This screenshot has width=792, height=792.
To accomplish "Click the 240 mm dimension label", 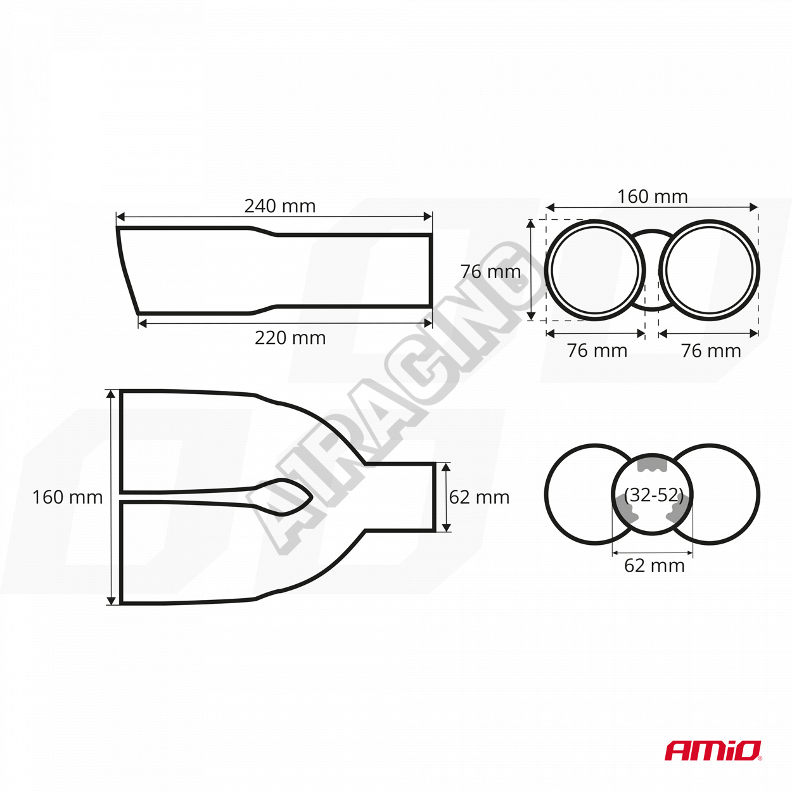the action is coord(280,206).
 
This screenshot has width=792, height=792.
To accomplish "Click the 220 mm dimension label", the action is coord(290,338).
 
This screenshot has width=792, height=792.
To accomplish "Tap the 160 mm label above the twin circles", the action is coord(653,196).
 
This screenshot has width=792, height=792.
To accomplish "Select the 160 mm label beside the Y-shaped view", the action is coord(67,497).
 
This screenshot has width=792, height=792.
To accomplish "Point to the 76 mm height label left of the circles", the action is coord(490,272).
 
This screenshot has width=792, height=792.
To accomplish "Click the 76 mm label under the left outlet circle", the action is coord(597,350).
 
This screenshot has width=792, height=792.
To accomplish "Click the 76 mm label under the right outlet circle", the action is coord(711,350).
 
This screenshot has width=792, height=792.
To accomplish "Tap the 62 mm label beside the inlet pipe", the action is coord(479,497).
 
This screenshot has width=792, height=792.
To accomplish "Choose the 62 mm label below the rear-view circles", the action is coord(655,566).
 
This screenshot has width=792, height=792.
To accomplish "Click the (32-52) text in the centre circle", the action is coord(653,495).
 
